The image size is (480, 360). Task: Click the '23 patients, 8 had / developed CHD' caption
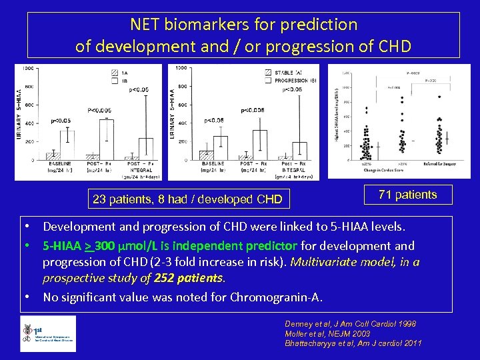(187, 199)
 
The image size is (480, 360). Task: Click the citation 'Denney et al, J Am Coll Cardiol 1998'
(350, 323)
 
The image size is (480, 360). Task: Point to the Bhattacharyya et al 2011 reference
(353, 343)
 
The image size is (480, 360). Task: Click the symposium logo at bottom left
(48, 333)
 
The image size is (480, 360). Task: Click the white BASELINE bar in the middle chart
(221, 148)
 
